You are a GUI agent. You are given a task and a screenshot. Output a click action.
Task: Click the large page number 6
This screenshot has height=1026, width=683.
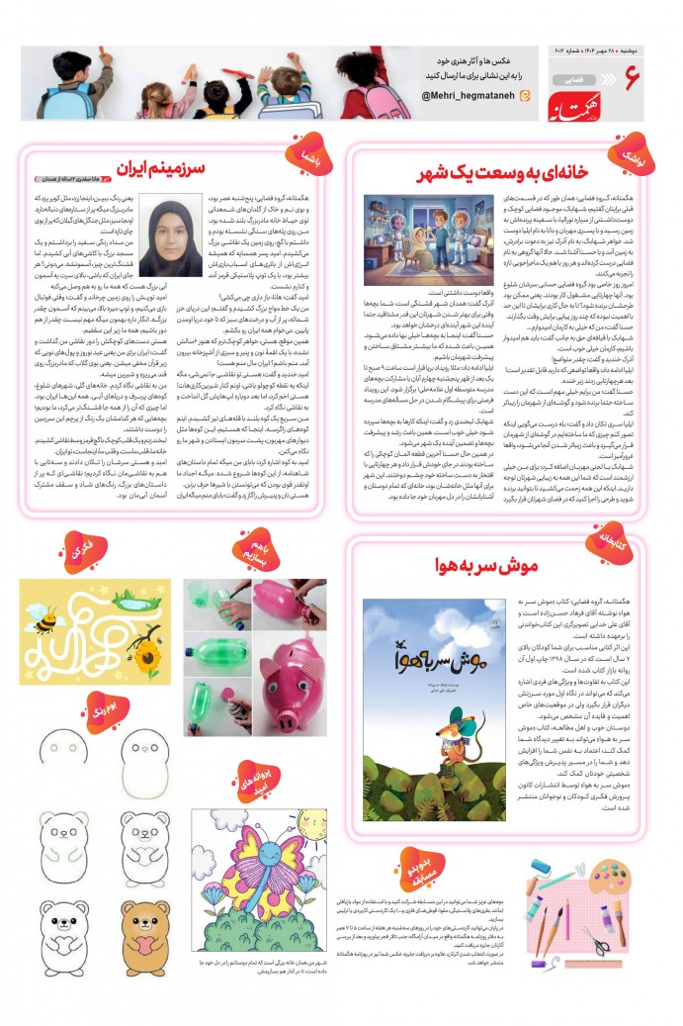(633, 79)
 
